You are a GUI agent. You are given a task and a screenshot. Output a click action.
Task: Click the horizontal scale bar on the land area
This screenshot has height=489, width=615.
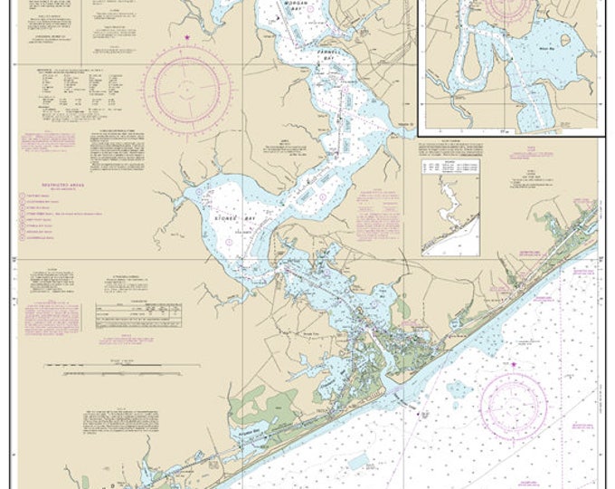[x=99, y=370]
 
